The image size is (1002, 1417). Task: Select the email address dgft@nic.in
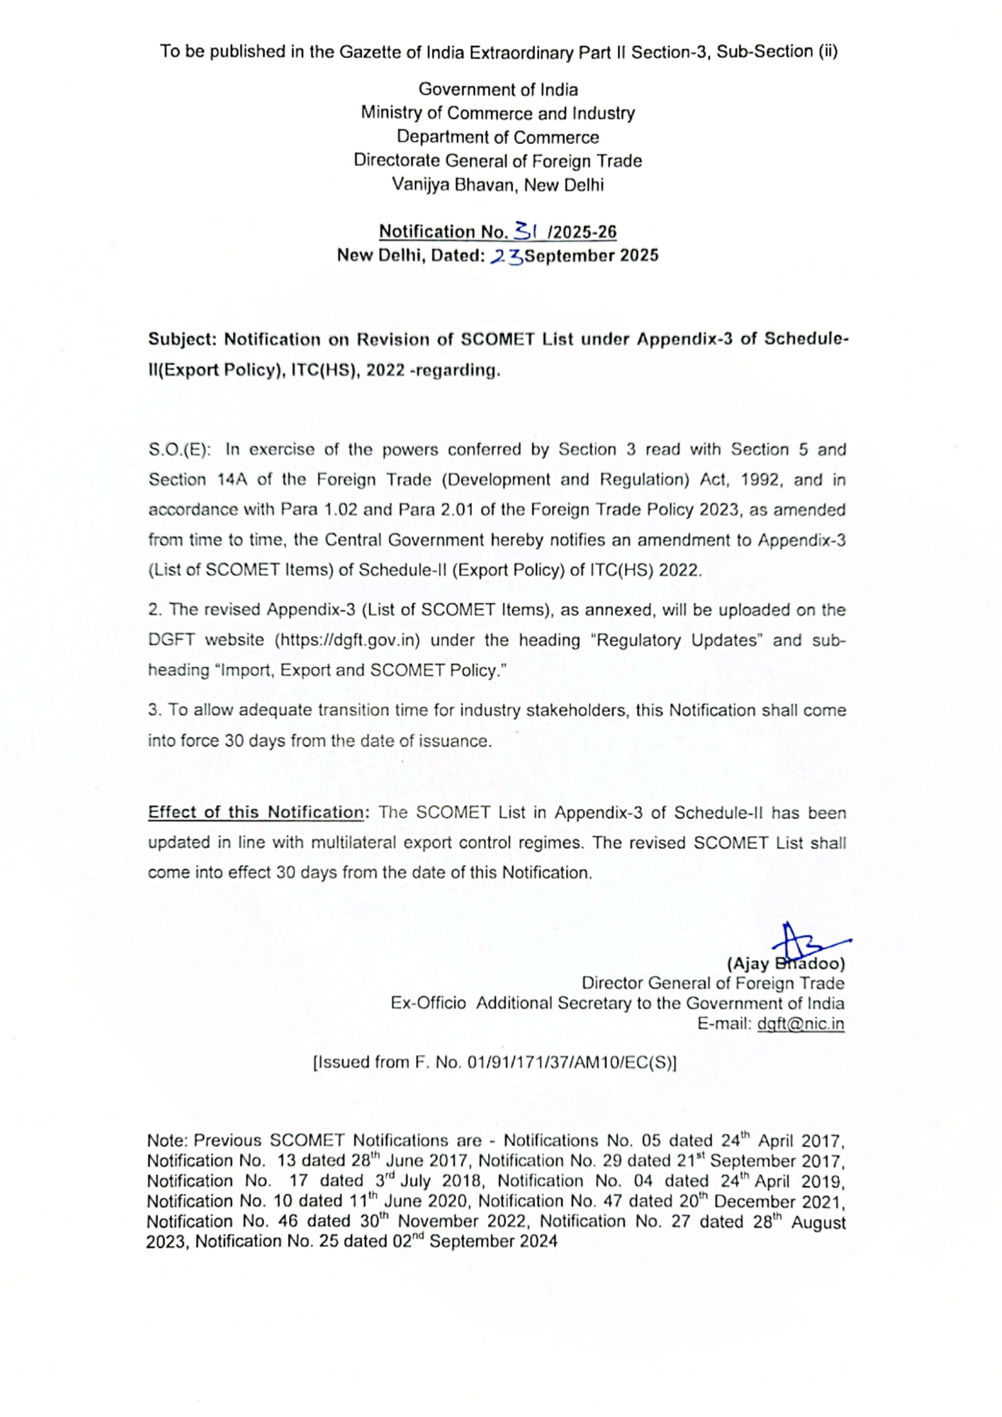pos(800,1024)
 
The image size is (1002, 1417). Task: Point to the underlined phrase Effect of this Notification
pos(255,813)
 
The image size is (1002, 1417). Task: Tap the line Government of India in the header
pos(498,89)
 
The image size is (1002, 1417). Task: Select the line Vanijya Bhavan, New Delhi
pos(498,185)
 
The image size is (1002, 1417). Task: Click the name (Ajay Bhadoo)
pos(786,964)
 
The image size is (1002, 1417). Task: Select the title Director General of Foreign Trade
pos(713,983)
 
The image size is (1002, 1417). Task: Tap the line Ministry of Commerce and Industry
pos(498,113)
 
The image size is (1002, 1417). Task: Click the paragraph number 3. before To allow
pos(154,711)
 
